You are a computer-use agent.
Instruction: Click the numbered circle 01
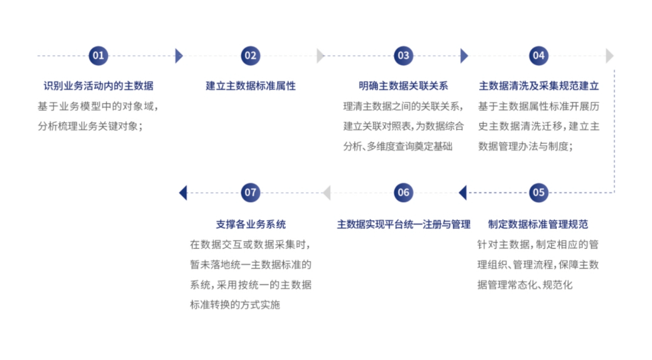pyautogui.click(x=98, y=55)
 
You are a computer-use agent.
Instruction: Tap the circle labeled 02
pyautogui.click(x=251, y=55)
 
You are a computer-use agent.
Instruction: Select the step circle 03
pyautogui.click(x=403, y=55)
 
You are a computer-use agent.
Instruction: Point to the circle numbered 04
pyautogui.click(x=538, y=55)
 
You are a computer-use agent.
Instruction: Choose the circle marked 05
pyautogui.click(x=538, y=192)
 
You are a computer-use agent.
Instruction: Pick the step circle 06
pyautogui.click(x=403, y=192)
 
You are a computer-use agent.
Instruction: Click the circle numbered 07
pyautogui.click(x=251, y=192)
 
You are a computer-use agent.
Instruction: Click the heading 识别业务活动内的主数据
pyautogui.click(x=98, y=86)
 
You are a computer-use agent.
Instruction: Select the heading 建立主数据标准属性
pyautogui.click(x=251, y=86)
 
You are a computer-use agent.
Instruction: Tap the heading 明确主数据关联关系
pyautogui.click(x=403, y=86)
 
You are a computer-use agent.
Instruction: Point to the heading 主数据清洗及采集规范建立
pyautogui.click(x=539, y=86)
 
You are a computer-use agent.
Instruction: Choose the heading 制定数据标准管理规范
pyautogui.click(x=538, y=224)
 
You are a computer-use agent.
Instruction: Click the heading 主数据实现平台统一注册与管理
pyautogui.click(x=404, y=224)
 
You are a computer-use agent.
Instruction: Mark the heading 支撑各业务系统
pyautogui.click(x=251, y=224)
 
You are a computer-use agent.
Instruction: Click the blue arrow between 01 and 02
pyautogui.click(x=179, y=55)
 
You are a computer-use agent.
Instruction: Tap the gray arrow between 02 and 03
pyautogui.click(x=320, y=55)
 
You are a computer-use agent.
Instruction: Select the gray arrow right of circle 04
pyautogui.click(x=610, y=55)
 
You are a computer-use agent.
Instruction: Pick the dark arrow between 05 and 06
pyautogui.click(x=463, y=192)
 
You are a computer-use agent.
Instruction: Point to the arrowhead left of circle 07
pyautogui.click(x=183, y=192)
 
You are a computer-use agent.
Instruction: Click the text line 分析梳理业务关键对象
pyautogui.click(x=90, y=126)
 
